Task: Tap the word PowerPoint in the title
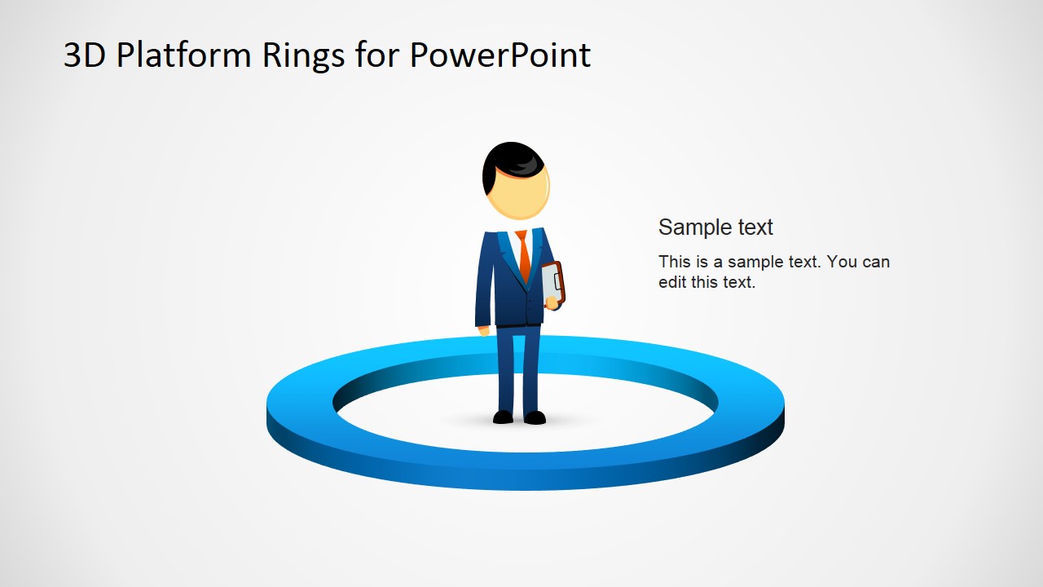499,55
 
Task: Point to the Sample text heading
715,227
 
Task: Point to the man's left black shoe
504,417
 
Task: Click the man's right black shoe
535,417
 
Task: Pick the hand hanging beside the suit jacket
484,330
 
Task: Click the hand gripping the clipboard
553,303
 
